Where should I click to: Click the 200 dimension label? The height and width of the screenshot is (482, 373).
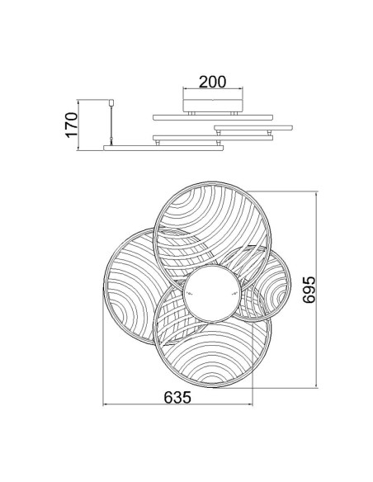212,82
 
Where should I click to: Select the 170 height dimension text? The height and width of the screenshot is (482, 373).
71,125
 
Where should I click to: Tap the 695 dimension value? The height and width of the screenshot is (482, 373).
309,290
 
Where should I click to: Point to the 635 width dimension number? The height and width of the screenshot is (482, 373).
177,397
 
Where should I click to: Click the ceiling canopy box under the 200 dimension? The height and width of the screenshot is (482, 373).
213,106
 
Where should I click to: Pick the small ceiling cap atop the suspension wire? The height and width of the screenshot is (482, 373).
111,102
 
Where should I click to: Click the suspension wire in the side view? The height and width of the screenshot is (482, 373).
111,125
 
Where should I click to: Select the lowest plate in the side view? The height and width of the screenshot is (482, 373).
163,149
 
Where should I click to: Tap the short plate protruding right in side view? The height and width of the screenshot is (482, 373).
253,128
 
